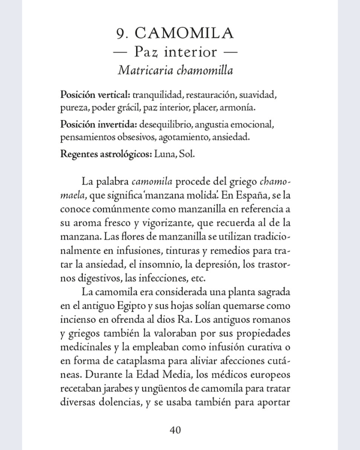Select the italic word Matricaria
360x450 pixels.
pyautogui.click(x=145, y=70)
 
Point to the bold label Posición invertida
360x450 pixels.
pyautogui.click(x=98, y=125)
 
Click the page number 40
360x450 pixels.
pyautogui.click(x=176, y=430)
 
